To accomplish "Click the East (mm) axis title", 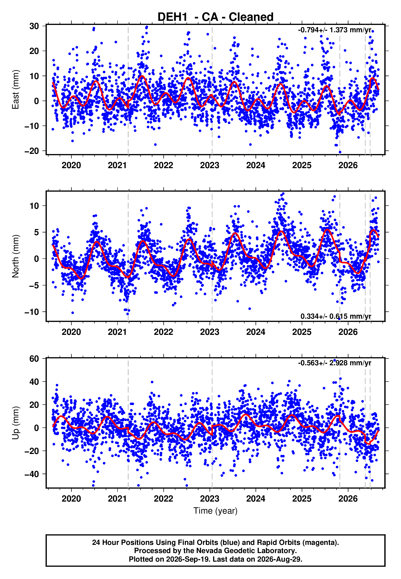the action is pos(16,89).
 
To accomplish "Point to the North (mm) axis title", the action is pos(16,256).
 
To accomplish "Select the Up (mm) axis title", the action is pos(16,423).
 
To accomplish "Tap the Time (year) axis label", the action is pos(215,511).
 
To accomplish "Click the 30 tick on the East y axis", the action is pos(34,26).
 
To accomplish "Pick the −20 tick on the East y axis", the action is pos(32,151).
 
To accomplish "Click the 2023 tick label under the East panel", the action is pos(209,165).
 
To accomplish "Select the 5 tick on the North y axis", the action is pos(36,232).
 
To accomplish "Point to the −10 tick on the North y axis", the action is pos(32,312).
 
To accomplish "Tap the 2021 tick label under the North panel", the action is pos(117,332).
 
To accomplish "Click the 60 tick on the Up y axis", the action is pos(34,359).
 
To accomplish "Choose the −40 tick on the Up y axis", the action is pos(32,474).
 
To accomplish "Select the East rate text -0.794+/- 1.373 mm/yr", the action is pos(335,30).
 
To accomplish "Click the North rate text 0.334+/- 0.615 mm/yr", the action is pos(336,316).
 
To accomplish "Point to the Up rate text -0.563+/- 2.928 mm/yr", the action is pos(335,363).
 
